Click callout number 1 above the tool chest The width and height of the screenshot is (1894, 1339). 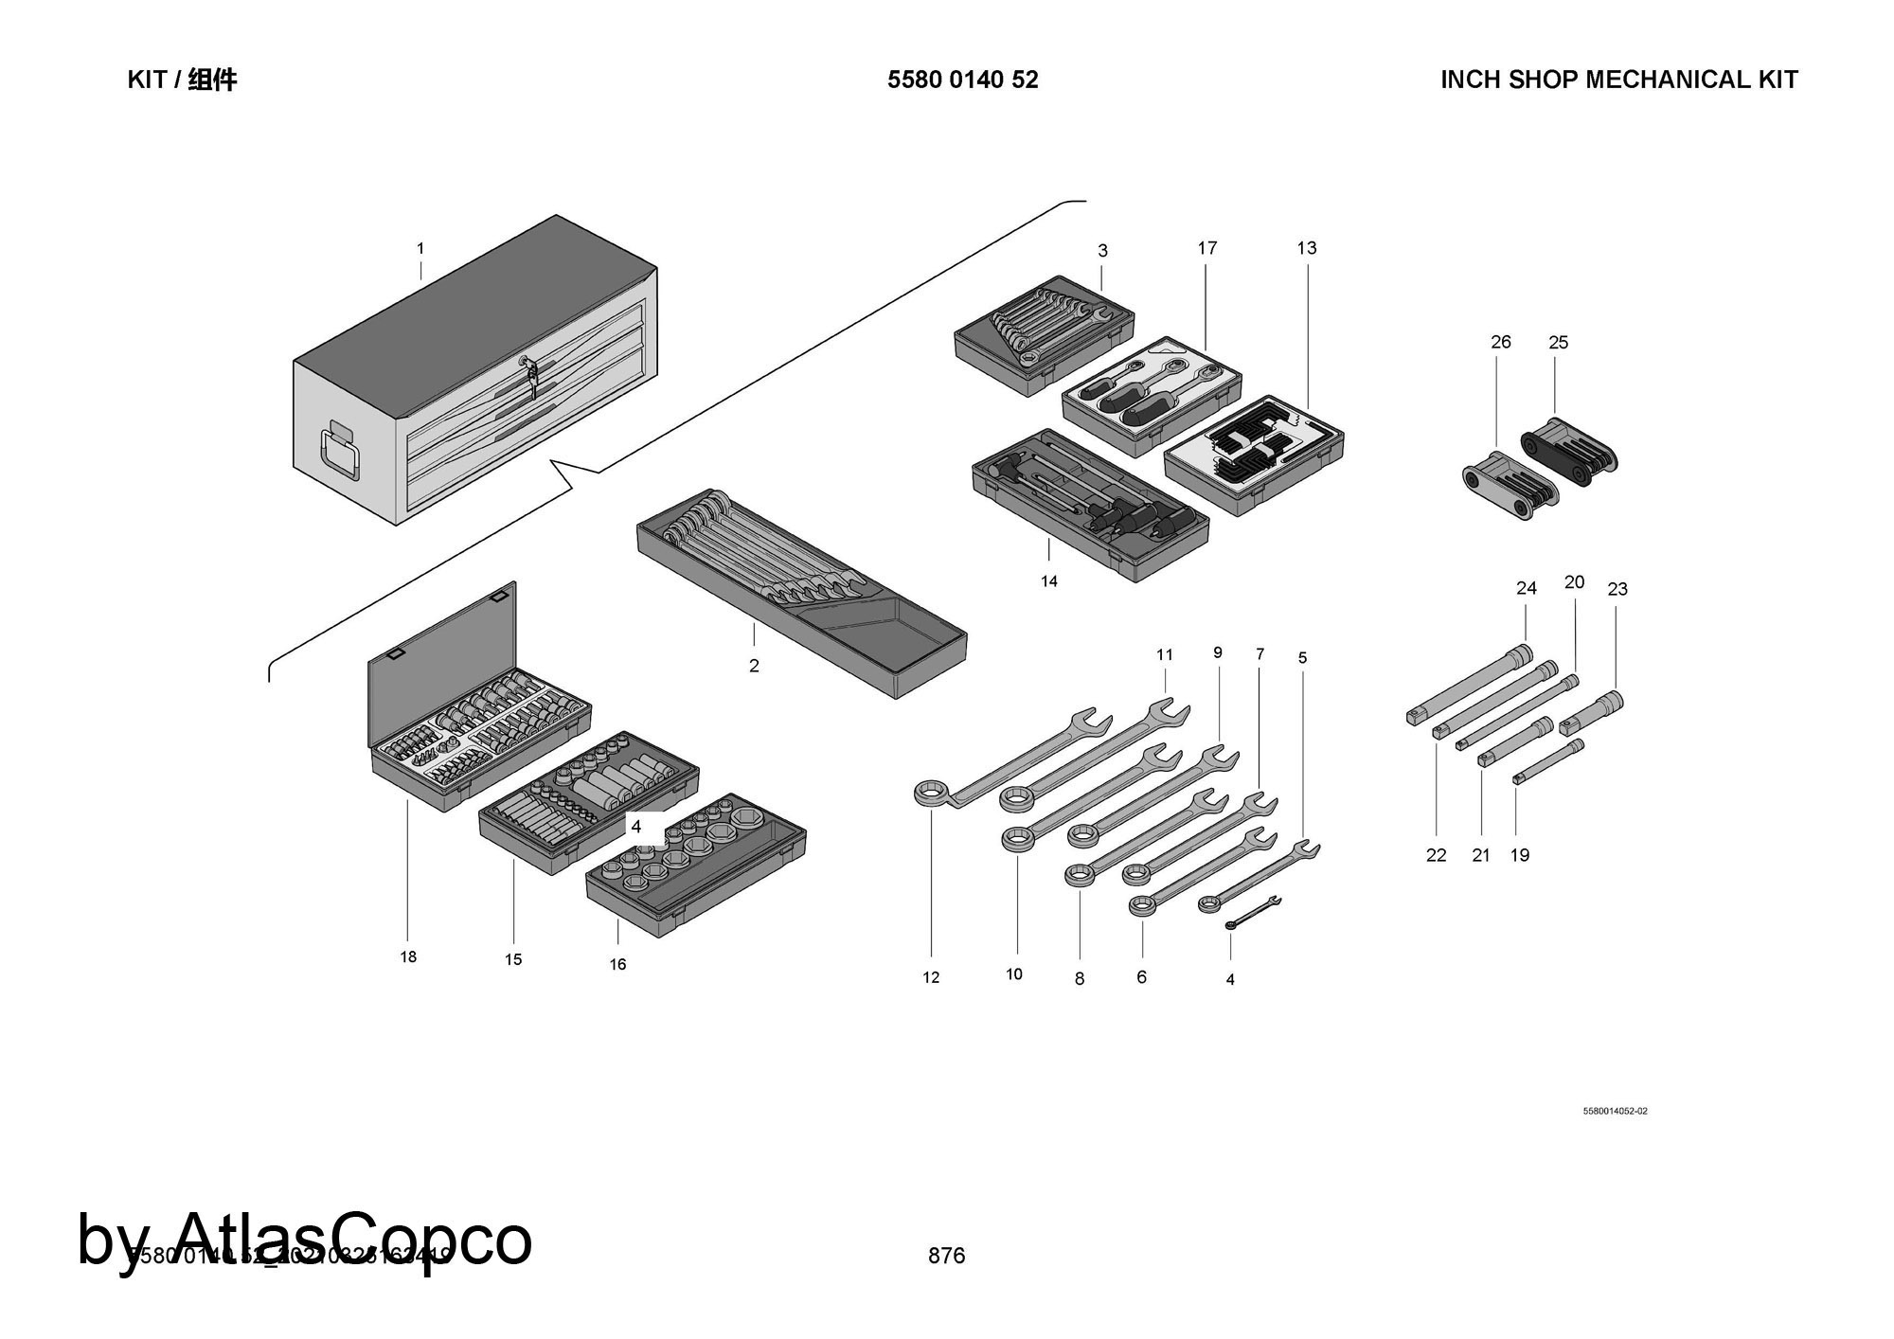(420, 249)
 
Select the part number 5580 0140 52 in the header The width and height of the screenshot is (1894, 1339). (962, 80)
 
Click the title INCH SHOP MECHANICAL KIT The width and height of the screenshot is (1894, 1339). (1618, 80)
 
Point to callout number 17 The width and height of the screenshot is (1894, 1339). (1206, 248)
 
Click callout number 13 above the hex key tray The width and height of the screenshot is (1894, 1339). (1307, 248)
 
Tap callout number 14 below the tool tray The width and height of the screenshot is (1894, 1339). (1049, 581)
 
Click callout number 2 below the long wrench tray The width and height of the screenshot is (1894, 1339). (754, 666)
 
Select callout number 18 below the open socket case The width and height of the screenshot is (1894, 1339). (408, 956)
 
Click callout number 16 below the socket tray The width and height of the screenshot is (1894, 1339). (617, 964)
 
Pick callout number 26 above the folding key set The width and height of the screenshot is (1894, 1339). (1501, 342)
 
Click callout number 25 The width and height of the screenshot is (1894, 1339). (1559, 342)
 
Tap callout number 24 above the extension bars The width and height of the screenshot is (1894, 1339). (1527, 588)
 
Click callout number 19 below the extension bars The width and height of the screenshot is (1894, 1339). (1520, 855)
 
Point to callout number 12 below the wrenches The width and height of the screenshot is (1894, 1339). (931, 977)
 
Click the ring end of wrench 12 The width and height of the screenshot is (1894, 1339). (932, 794)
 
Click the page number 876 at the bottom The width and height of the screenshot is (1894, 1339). (947, 1256)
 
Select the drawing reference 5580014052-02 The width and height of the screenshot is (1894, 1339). (1615, 1111)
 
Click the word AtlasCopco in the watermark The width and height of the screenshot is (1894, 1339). (353, 1239)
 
